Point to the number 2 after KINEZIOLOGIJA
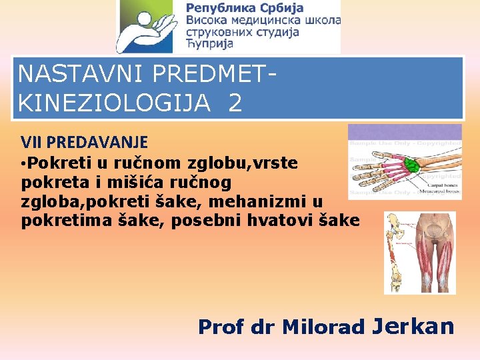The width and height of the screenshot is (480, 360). [x=235, y=103]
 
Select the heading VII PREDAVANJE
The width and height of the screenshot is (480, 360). [x=84, y=142]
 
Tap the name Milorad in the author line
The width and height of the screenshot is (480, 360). [x=323, y=327]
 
